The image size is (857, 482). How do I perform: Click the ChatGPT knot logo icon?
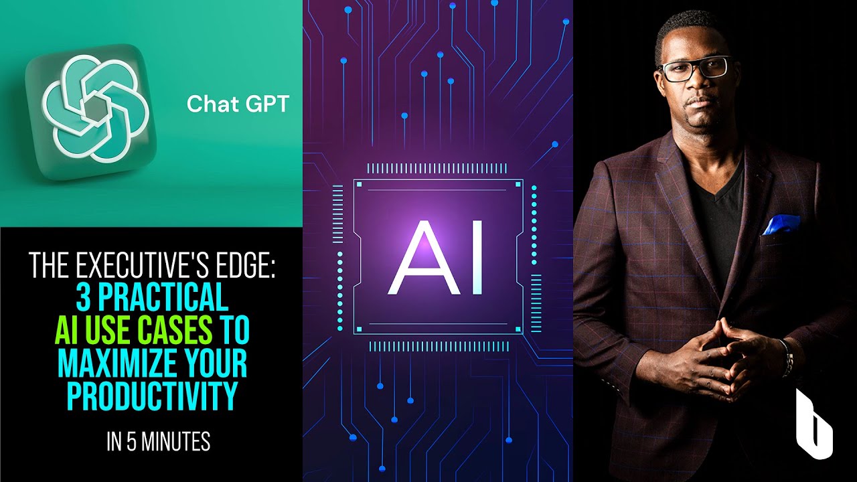pos(91,112)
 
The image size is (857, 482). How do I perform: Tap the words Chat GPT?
pos(238,104)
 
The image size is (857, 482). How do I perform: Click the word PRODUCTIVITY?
pos(152,397)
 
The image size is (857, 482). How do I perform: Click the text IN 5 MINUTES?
pos(159,442)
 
